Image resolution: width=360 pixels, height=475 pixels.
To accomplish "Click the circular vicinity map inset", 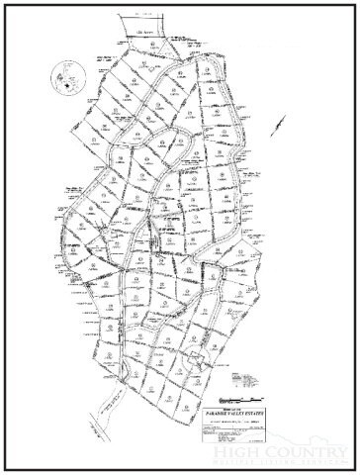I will click(66, 78).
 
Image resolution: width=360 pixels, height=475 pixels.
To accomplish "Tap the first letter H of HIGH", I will click(220, 452).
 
